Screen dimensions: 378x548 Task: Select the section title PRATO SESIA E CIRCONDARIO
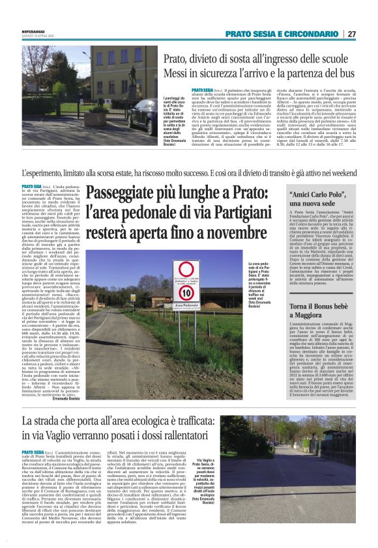(x=282, y=34)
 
